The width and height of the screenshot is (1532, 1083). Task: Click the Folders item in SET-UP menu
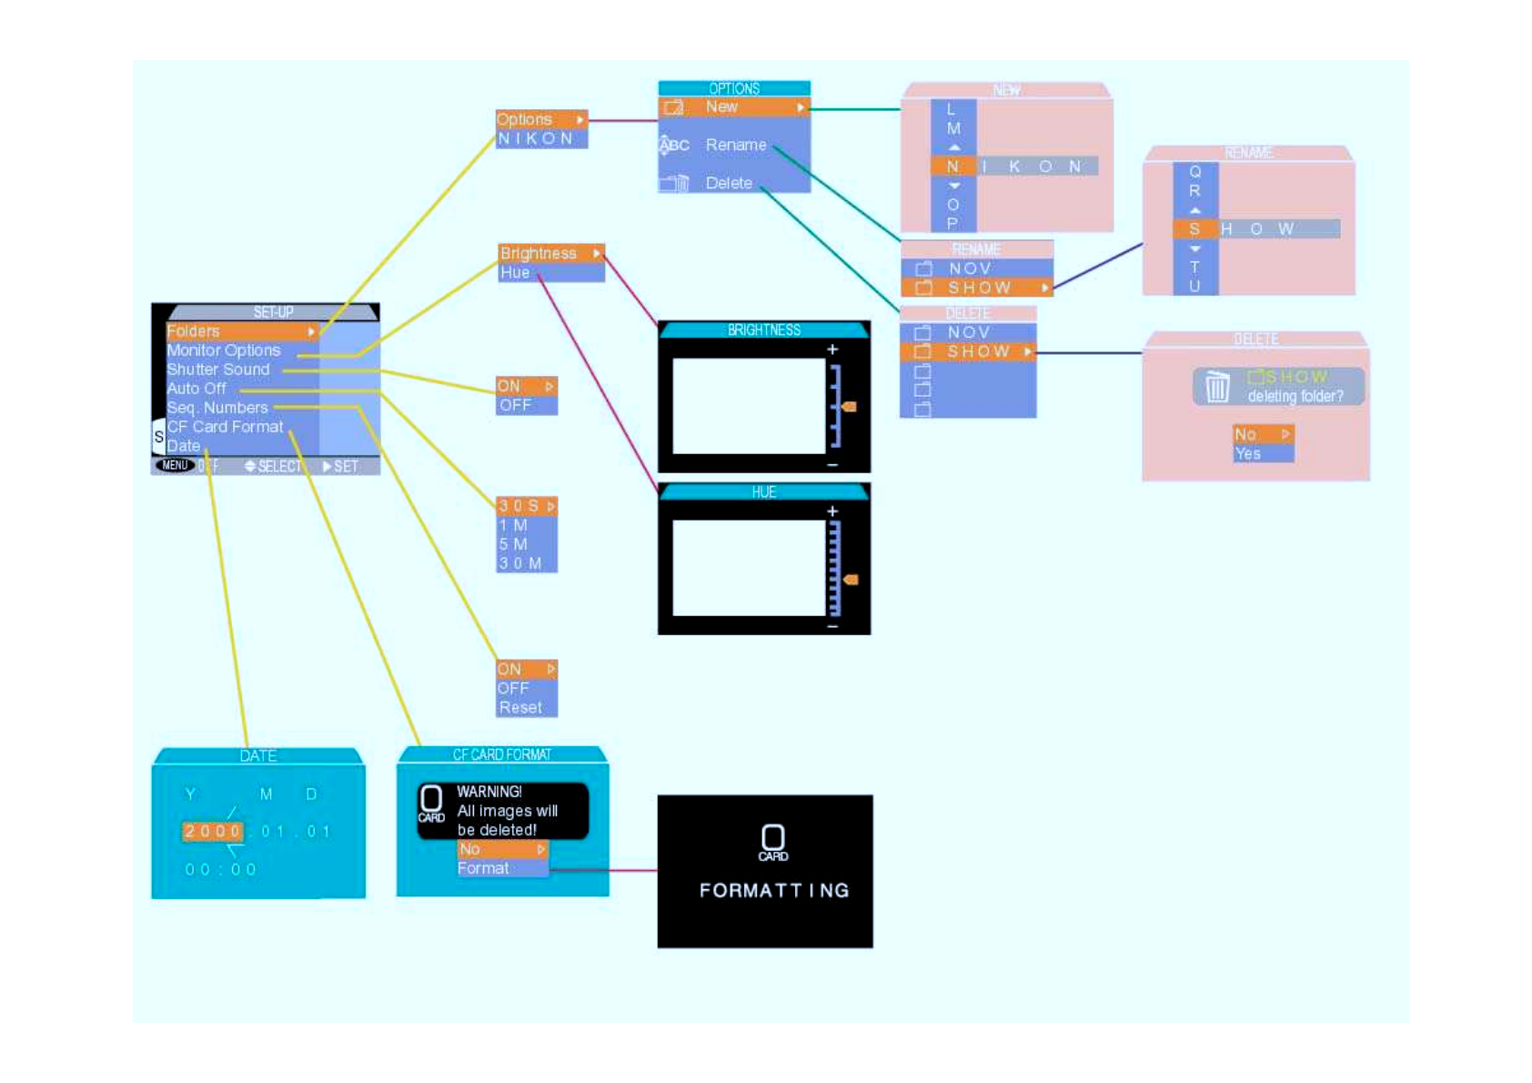click(194, 331)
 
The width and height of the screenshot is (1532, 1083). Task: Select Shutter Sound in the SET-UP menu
click(218, 369)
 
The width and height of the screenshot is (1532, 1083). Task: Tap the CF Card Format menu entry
click(225, 427)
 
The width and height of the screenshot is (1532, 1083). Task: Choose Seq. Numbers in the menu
click(217, 408)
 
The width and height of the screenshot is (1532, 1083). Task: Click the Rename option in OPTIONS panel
click(735, 145)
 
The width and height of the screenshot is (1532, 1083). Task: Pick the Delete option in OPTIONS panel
click(729, 183)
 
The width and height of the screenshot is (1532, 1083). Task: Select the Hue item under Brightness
click(515, 272)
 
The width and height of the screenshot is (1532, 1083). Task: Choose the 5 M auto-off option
click(514, 544)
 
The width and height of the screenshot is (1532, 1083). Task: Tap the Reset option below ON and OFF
click(520, 707)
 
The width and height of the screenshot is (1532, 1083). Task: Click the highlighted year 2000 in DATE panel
click(212, 831)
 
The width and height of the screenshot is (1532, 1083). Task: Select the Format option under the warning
click(483, 868)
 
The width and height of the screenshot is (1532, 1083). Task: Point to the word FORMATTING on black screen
click(773, 890)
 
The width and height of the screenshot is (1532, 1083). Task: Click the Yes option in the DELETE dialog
click(1248, 453)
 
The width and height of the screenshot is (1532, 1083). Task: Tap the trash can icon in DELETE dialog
click(1217, 387)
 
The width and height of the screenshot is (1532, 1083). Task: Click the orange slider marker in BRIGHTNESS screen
click(850, 407)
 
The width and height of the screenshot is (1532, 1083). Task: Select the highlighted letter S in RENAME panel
click(1194, 228)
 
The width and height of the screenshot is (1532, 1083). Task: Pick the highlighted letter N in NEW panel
click(952, 167)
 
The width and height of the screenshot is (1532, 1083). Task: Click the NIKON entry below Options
click(536, 138)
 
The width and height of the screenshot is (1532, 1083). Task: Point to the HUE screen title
click(764, 492)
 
